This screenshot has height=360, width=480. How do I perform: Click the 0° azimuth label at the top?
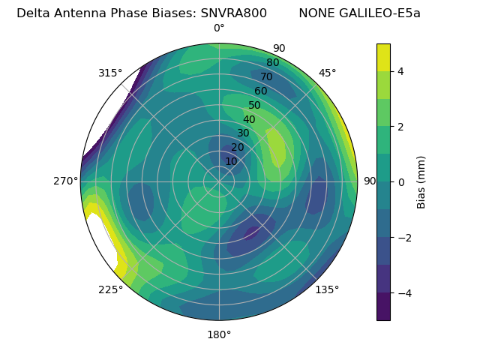coord(219,28)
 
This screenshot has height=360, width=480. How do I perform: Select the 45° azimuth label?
coord(328,73)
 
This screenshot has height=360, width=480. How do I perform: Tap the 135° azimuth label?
coord(327,289)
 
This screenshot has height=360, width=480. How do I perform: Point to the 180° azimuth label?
coord(219,334)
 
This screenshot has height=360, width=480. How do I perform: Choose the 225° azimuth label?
coord(110,290)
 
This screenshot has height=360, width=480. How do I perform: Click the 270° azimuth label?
coord(65,181)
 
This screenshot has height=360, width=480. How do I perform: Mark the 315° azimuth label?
coord(110,73)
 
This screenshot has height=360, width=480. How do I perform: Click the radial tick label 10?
coord(231,161)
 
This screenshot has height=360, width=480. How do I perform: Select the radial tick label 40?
coord(249,120)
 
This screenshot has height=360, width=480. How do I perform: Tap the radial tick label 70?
coord(266,77)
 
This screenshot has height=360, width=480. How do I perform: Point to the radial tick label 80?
coord(272,63)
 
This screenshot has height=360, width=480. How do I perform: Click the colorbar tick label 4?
coord(401,71)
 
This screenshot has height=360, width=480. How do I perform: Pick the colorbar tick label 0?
coord(401,182)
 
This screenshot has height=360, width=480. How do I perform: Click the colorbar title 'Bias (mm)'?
coord(421,182)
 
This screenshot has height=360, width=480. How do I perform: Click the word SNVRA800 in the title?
coord(233,13)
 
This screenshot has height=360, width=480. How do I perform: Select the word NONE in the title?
coord(316,13)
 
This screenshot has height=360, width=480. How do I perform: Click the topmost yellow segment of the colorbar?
coord(383,57)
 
